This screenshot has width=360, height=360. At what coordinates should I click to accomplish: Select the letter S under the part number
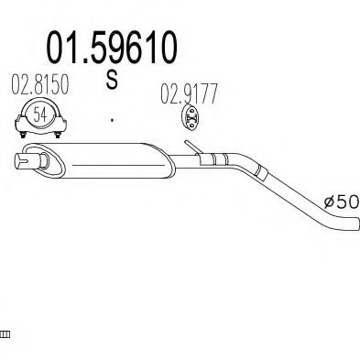point(112,82)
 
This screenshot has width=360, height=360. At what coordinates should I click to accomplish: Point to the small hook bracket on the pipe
point(189,147)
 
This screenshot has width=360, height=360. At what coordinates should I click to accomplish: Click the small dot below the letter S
point(112,119)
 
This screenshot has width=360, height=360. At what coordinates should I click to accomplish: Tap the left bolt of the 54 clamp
point(22,134)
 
